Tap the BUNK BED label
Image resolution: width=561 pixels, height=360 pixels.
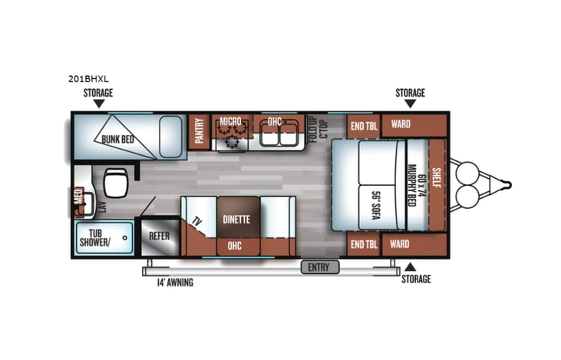117,139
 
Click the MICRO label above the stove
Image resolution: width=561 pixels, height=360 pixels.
230,121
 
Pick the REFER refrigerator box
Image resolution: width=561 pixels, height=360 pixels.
160,236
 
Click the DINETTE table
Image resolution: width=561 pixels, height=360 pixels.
237,219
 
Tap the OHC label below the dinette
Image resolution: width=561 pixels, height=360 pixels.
237,246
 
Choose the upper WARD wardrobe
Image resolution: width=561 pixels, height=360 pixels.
401,125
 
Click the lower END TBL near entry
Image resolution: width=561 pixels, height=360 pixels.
361,245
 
